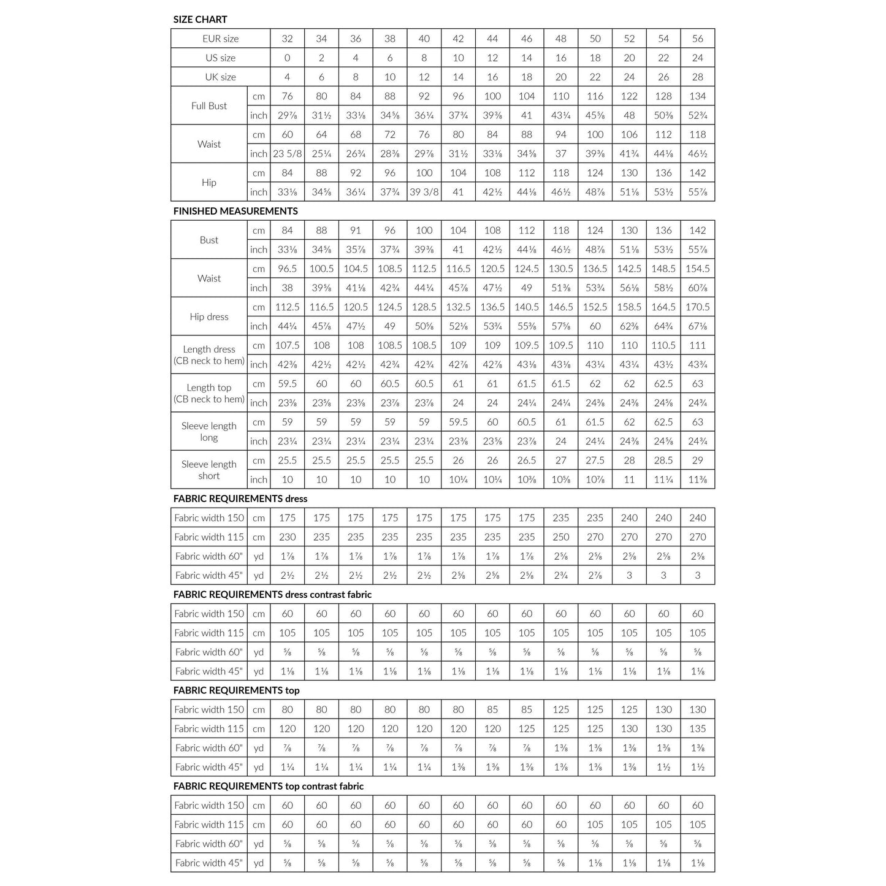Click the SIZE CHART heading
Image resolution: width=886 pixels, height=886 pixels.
200,20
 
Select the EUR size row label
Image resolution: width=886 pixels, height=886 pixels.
220,39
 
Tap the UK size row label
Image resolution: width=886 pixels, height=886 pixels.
220,77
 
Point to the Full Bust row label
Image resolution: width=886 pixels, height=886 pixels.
208,106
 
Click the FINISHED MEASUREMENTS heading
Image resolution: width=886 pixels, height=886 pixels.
235,212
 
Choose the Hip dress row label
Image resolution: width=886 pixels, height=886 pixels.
208,317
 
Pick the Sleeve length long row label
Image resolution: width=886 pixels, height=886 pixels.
208,432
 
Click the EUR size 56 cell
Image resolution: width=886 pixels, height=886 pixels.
697,39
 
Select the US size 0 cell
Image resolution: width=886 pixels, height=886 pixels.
287,58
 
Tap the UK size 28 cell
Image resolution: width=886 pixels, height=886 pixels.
697,77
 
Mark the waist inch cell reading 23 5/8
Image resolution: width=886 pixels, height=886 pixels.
287,154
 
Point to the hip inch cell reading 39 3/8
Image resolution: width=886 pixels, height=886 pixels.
424,192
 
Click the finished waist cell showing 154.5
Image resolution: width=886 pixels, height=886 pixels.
697,269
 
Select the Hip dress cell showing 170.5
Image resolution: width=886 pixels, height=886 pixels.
697,307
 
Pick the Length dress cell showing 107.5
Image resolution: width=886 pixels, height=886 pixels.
287,346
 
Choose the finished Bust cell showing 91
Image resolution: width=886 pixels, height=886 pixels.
356,231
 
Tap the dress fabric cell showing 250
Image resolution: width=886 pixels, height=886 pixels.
560,537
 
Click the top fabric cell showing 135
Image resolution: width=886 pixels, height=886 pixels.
697,729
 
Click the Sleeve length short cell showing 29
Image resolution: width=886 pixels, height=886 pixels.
697,460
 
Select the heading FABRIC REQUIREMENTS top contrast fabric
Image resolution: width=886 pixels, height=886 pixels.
268,787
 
